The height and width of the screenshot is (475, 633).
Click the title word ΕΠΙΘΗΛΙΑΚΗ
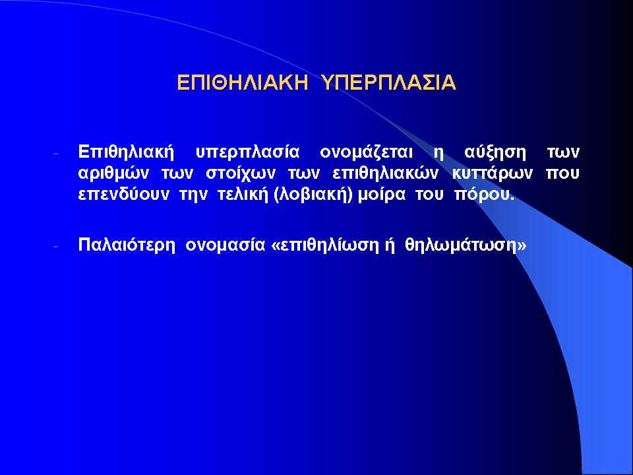click(x=243, y=83)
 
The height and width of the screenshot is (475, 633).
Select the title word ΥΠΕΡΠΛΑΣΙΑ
click(x=389, y=83)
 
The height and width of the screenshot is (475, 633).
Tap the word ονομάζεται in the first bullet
click(x=366, y=152)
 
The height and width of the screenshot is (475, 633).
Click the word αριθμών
click(x=113, y=174)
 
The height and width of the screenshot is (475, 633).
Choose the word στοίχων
click(x=241, y=174)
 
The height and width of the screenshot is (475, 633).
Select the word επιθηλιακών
click(x=386, y=174)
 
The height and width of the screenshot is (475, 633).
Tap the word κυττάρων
click(x=492, y=174)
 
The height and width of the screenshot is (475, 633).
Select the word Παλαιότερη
click(x=127, y=245)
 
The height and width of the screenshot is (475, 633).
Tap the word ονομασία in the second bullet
click(x=226, y=245)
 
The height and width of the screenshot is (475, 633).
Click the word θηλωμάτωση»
click(x=466, y=245)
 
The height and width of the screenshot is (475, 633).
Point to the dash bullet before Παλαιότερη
click(x=56, y=246)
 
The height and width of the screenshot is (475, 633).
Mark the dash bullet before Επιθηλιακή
click(x=56, y=154)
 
